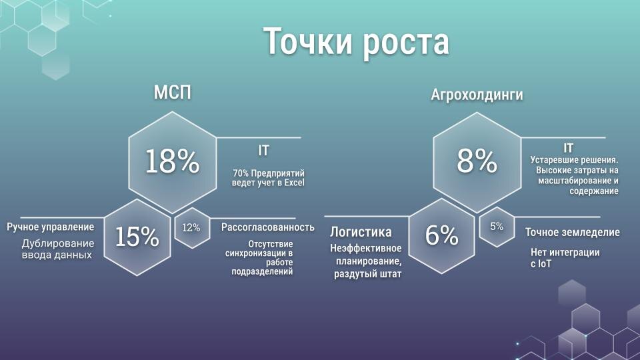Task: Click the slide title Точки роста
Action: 356,42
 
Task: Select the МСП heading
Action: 173,93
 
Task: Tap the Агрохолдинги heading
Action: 477,95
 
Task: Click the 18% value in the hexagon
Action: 172,161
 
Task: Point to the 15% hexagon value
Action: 137,237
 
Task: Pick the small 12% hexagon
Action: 191,228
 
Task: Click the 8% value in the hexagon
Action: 477,161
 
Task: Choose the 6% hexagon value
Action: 442,235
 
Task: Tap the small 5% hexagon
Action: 497,227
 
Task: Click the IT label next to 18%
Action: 263,151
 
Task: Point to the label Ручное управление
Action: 51,227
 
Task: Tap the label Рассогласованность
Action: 267,227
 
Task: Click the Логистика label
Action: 361,232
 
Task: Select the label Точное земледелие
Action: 572,233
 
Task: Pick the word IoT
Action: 544,264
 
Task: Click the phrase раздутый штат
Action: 368,273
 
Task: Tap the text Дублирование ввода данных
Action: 57,249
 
